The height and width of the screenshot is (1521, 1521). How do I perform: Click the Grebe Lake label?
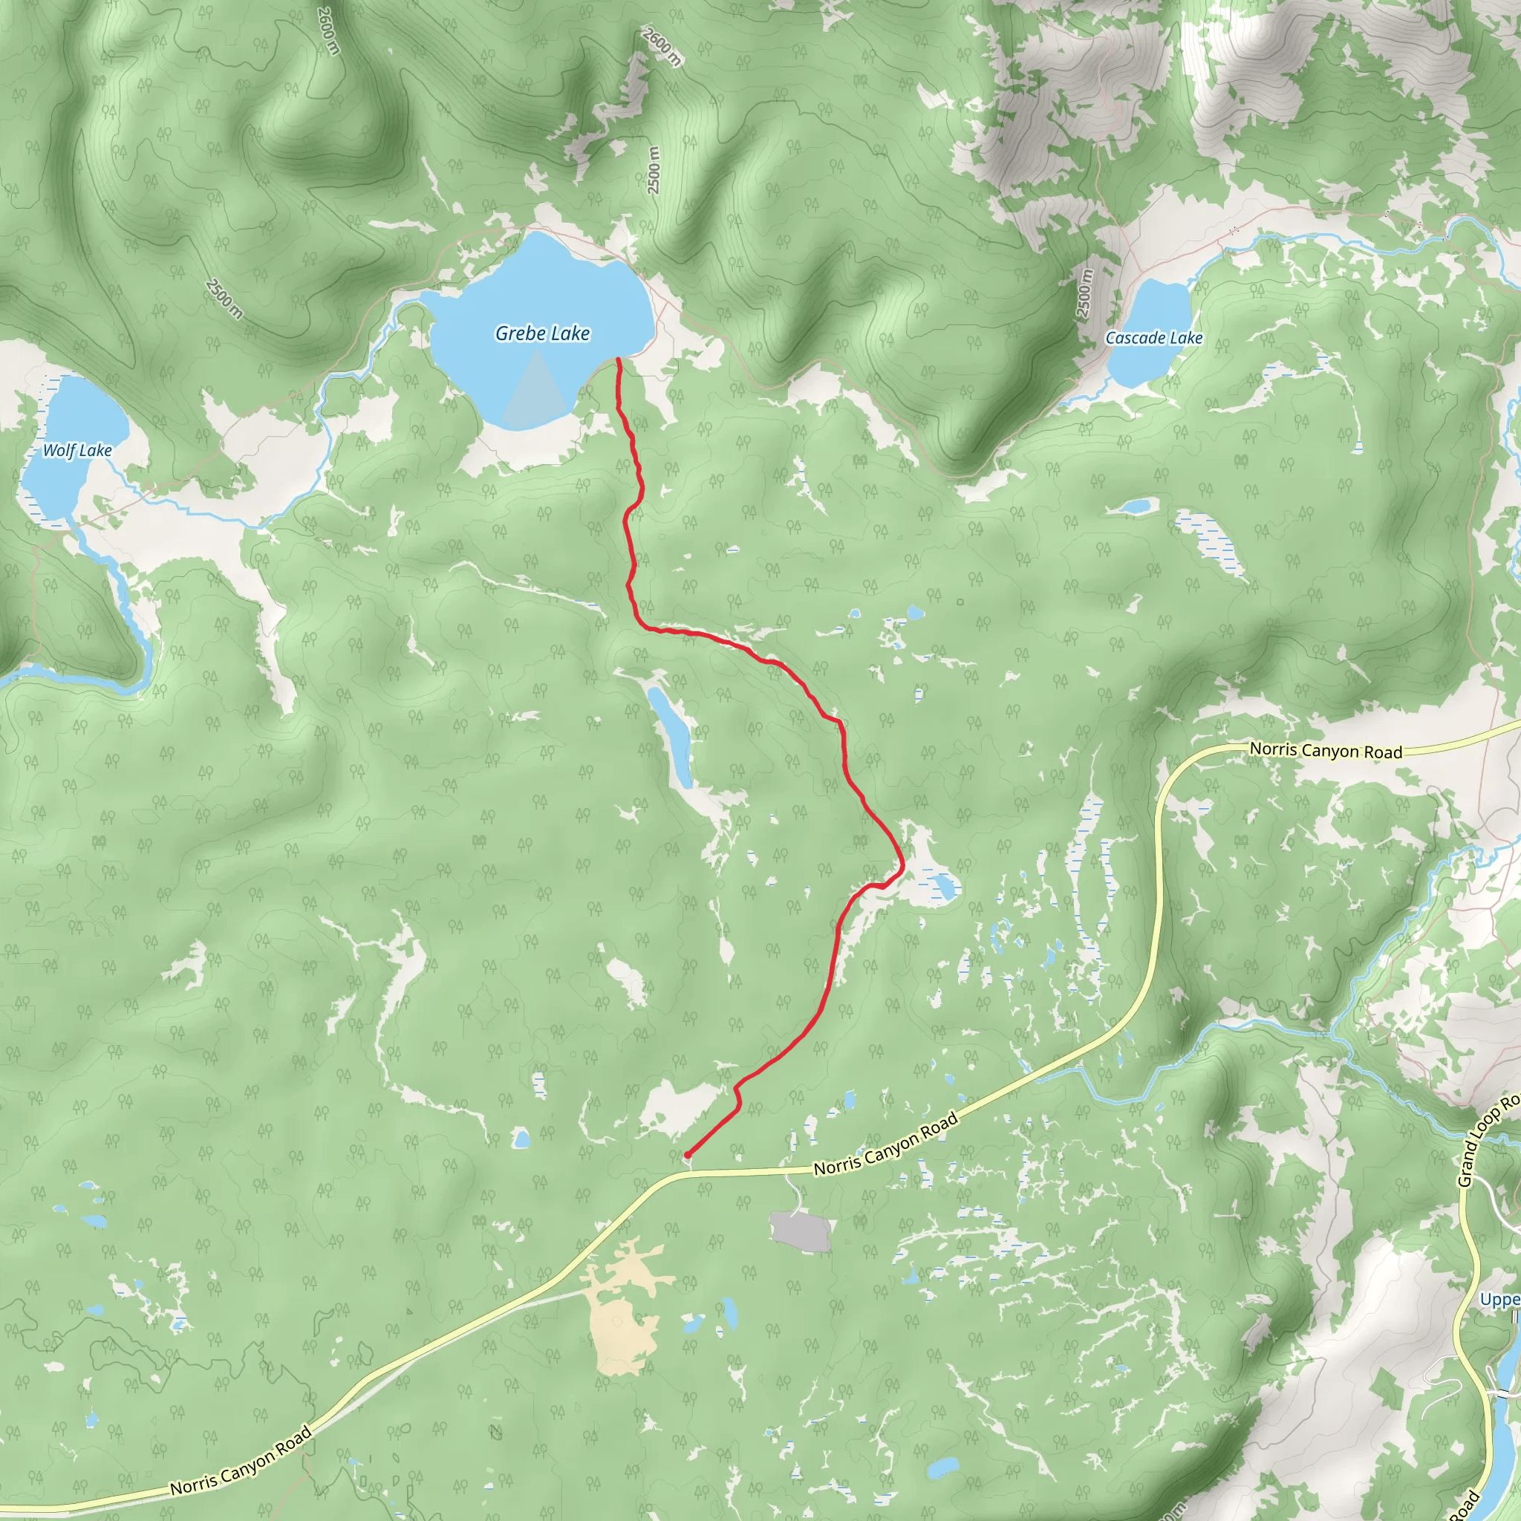pos(542,333)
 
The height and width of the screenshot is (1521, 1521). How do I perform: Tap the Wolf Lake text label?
pos(77,450)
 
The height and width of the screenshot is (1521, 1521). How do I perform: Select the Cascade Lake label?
pos(1154,338)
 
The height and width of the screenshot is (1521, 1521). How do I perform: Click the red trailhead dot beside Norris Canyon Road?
pos(687,1155)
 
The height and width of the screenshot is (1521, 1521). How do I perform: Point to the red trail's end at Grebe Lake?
pos(618,359)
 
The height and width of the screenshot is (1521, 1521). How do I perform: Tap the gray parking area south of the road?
pos(801,1232)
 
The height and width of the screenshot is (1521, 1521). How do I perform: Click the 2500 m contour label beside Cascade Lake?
pos(1084,293)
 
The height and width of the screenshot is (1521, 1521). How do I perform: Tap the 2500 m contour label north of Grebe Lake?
pos(654,170)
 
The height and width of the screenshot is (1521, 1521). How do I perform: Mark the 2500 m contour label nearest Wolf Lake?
pos(224,299)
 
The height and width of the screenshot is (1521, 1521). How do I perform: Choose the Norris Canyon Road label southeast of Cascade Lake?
pos(1326,750)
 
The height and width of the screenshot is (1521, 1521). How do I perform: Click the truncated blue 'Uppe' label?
pos(1499,1299)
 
